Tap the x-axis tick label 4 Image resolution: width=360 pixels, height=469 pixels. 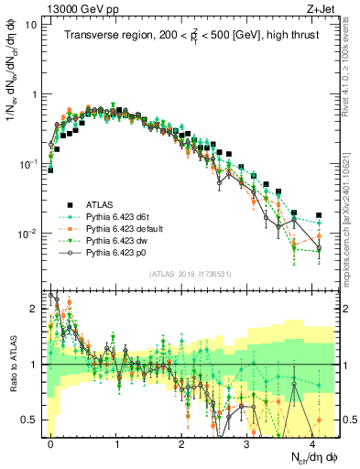click(313, 442)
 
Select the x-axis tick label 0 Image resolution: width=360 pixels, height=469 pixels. click(51, 442)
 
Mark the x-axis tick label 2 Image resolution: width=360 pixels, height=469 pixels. click(182, 442)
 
